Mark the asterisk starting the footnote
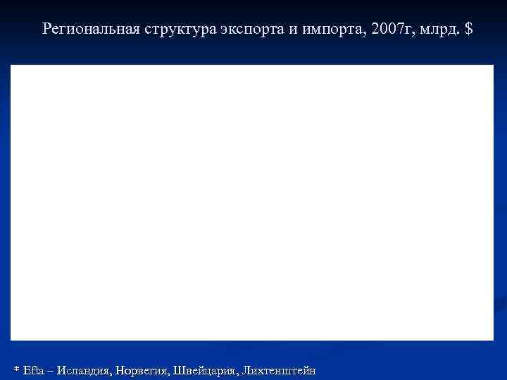[17, 369]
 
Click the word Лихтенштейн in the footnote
[279, 370]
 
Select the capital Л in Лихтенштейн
[246, 370]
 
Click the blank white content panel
[252, 203]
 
